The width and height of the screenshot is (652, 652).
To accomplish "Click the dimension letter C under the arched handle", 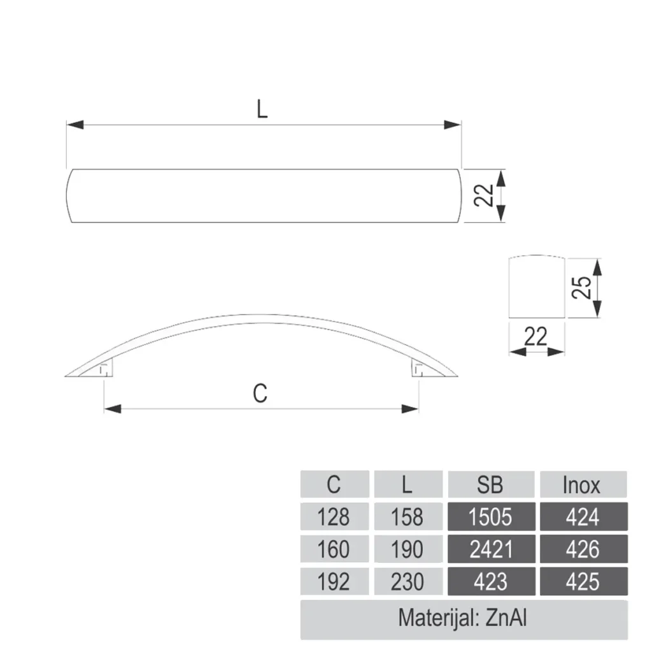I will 260,394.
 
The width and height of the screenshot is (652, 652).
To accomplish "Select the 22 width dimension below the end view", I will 535,336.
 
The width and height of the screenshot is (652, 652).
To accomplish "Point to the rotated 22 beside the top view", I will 485,195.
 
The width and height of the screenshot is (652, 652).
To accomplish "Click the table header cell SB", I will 490,485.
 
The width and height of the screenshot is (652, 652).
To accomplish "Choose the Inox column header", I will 582,485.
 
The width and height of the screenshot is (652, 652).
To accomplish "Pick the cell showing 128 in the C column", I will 334,516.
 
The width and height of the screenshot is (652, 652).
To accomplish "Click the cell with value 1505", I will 490,516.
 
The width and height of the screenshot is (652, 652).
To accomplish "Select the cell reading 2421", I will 490,549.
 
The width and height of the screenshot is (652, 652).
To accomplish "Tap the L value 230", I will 407,581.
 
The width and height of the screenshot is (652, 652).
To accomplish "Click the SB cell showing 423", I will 490,581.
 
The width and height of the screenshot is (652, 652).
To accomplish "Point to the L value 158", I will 407,516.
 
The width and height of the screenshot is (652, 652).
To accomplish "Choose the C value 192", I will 334,581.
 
